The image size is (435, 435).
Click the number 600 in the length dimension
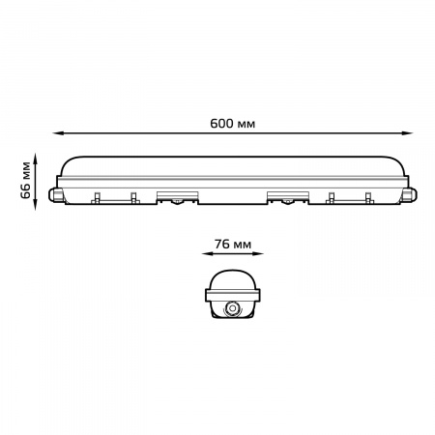pos(221,124)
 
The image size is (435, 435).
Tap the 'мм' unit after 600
pos(246,125)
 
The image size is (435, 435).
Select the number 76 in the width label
pos(221,245)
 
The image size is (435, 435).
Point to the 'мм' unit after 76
pos(242,246)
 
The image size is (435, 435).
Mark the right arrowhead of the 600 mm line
pos(407,132)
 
